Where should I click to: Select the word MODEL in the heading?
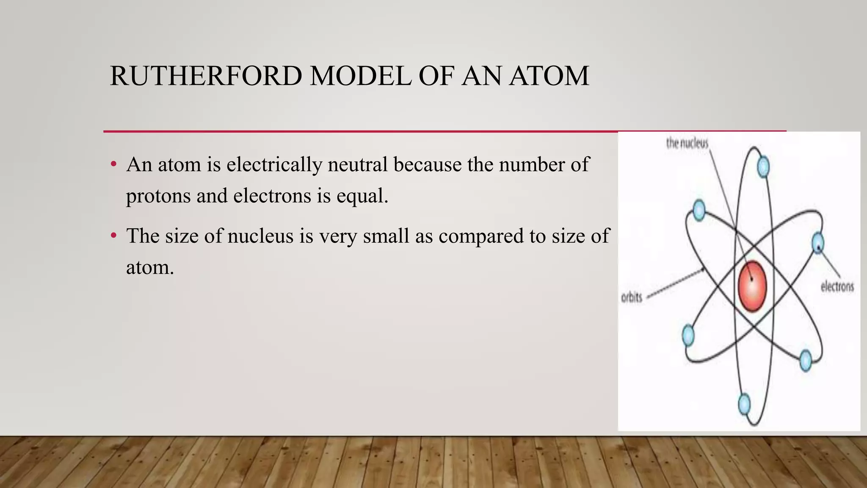pos(360,76)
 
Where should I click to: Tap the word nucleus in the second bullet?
pos(260,236)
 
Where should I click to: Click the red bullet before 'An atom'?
pos(113,164)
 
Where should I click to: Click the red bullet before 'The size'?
pos(113,236)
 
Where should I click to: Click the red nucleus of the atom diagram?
pos(752,286)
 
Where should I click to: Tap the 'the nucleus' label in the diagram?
pos(687,143)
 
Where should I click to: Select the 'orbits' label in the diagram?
pos(632,297)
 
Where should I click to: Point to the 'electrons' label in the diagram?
pos(837,287)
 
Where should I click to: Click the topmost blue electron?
pos(763,167)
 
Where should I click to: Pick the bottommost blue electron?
pos(744,404)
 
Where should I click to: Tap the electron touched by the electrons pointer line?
pos(818,243)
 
